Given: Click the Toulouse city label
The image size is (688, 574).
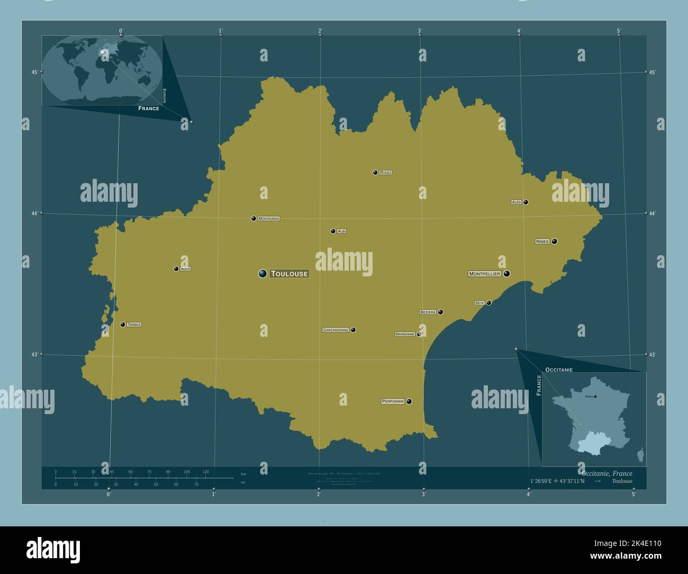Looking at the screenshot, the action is pyautogui.click(x=289, y=274).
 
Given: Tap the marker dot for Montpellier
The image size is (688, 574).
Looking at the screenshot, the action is pyautogui.click(x=507, y=274).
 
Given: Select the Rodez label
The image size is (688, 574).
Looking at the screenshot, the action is pyautogui.click(x=386, y=173).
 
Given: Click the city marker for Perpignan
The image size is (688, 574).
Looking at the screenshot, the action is pyautogui.click(x=409, y=401).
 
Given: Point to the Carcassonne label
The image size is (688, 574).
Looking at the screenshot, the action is pyautogui.click(x=336, y=330).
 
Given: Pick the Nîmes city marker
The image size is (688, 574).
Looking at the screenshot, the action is pyautogui.click(x=554, y=241).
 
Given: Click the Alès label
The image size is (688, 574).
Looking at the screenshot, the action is pyautogui.click(x=517, y=202).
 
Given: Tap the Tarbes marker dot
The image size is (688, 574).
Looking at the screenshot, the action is pyautogui.click(x=123, y=325).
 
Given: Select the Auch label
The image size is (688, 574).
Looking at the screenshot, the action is pyautogui.click(x=185, y=269).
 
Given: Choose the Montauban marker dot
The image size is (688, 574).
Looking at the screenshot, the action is pyautogui.click(x=254, y=218).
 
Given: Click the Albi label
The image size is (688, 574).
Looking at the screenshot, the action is pyautogui.click(x=341, y=231).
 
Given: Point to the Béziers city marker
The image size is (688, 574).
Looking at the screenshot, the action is pyautogui.click(x=440, y=312).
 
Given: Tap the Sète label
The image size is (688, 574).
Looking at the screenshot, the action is pyautogui.click(x=479, y=303).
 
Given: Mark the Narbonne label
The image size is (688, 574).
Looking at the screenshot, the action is pyautogui.click(x=405, y=334).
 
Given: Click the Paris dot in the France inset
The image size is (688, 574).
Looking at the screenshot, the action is pyautogui.click(x=595, y=396).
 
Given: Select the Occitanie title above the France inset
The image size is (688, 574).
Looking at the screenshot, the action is pyautogui.click(x=558, y=369).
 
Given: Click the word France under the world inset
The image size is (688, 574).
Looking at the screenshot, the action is pyautogui.click(x=149, y=108).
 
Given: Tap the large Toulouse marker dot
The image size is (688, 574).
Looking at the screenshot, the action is pyautogui.click(x=262, y=274).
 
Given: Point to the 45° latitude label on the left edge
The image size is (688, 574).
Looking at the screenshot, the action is pyautogui.click(x=34, y=73).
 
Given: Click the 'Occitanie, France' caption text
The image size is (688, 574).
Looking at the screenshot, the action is pyautogui.click(x=606, y=473).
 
